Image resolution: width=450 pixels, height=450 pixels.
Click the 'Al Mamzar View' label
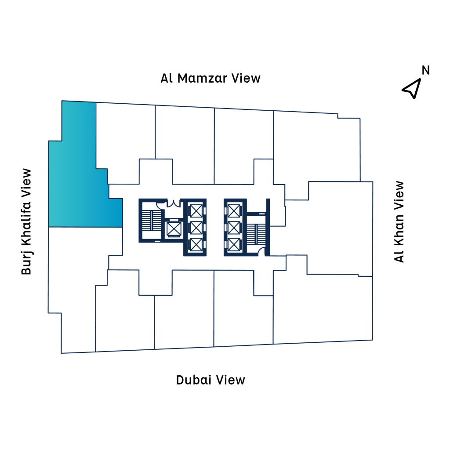[x=210, y=78]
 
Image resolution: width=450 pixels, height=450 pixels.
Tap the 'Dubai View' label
[x=210, y=380]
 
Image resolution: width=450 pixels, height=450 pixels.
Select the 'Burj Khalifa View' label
[x=27, y=222]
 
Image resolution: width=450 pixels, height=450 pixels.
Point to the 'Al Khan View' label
[x=399, y=222]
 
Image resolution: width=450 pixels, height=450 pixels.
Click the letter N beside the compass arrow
[x=425, y=70]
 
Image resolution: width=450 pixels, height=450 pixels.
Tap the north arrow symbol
[x=411, y=88]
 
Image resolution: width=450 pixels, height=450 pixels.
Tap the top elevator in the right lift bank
[x=233, y=211]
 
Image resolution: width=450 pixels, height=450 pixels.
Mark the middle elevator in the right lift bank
[x=233, y=228]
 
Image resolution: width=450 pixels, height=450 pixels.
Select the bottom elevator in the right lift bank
[x=233, y=244]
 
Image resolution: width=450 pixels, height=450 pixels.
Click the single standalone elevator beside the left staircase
[x=174, y=229]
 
